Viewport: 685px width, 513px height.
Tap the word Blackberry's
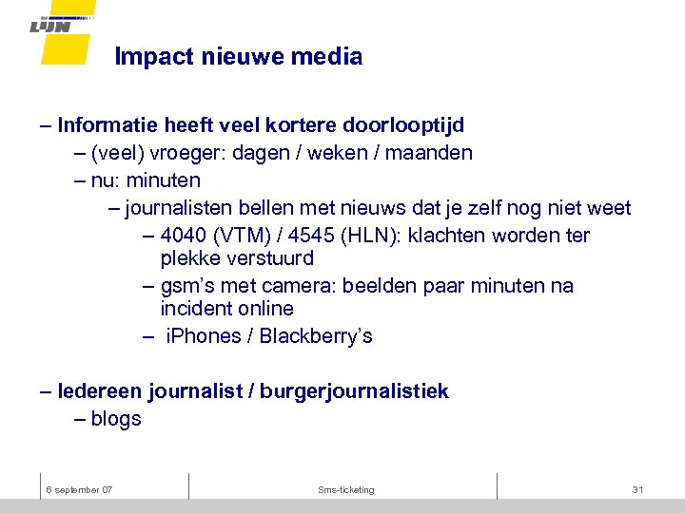[x=316, y=336]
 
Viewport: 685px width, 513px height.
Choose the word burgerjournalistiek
[x=354, y=391]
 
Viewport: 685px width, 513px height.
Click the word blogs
[x=116, y=419]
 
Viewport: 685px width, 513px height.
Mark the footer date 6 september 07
[x=80, y=489]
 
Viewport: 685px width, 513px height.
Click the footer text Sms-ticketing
[x=346, y=489]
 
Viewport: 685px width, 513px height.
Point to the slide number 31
[x=637, y=489]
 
